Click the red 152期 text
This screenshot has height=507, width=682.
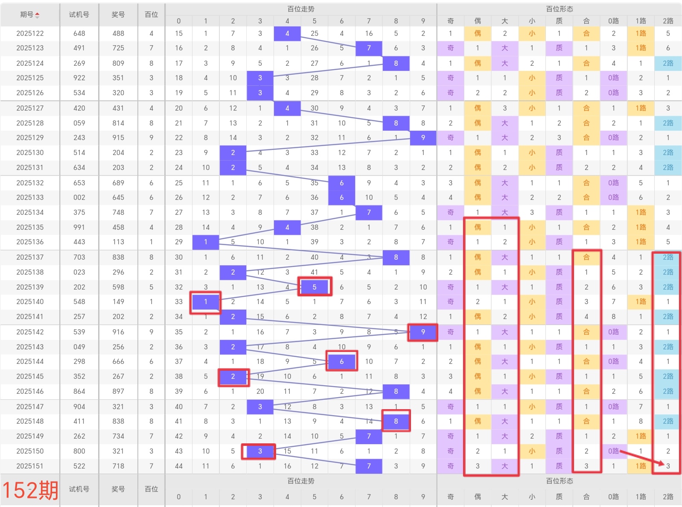(30, 490)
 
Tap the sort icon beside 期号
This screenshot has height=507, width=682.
(37, 15)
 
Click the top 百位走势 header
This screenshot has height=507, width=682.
(300, 9)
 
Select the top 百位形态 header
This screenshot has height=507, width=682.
(559, 9)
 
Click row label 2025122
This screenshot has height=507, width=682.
(30, 33)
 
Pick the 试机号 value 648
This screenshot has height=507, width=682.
(79, 33)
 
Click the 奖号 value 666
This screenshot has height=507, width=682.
(118, 361)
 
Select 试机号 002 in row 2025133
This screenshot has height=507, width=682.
(79, 197)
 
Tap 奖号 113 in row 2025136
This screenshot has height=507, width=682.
(118, 242)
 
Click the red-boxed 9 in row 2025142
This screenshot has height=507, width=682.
(423, 332)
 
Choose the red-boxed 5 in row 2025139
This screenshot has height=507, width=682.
(315, 287)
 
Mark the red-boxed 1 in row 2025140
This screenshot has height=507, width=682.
(206, 302)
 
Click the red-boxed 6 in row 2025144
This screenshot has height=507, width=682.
(341, 361)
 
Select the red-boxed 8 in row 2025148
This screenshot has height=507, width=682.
(396, 421)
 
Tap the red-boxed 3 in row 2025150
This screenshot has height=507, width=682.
(260, 451)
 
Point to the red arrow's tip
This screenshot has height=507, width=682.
(664, 464)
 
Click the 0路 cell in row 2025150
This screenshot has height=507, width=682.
(613, 451)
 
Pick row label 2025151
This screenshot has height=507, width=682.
(30, 466)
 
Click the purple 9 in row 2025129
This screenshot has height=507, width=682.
(423, 138)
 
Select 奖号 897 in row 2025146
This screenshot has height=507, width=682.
(118, 391)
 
